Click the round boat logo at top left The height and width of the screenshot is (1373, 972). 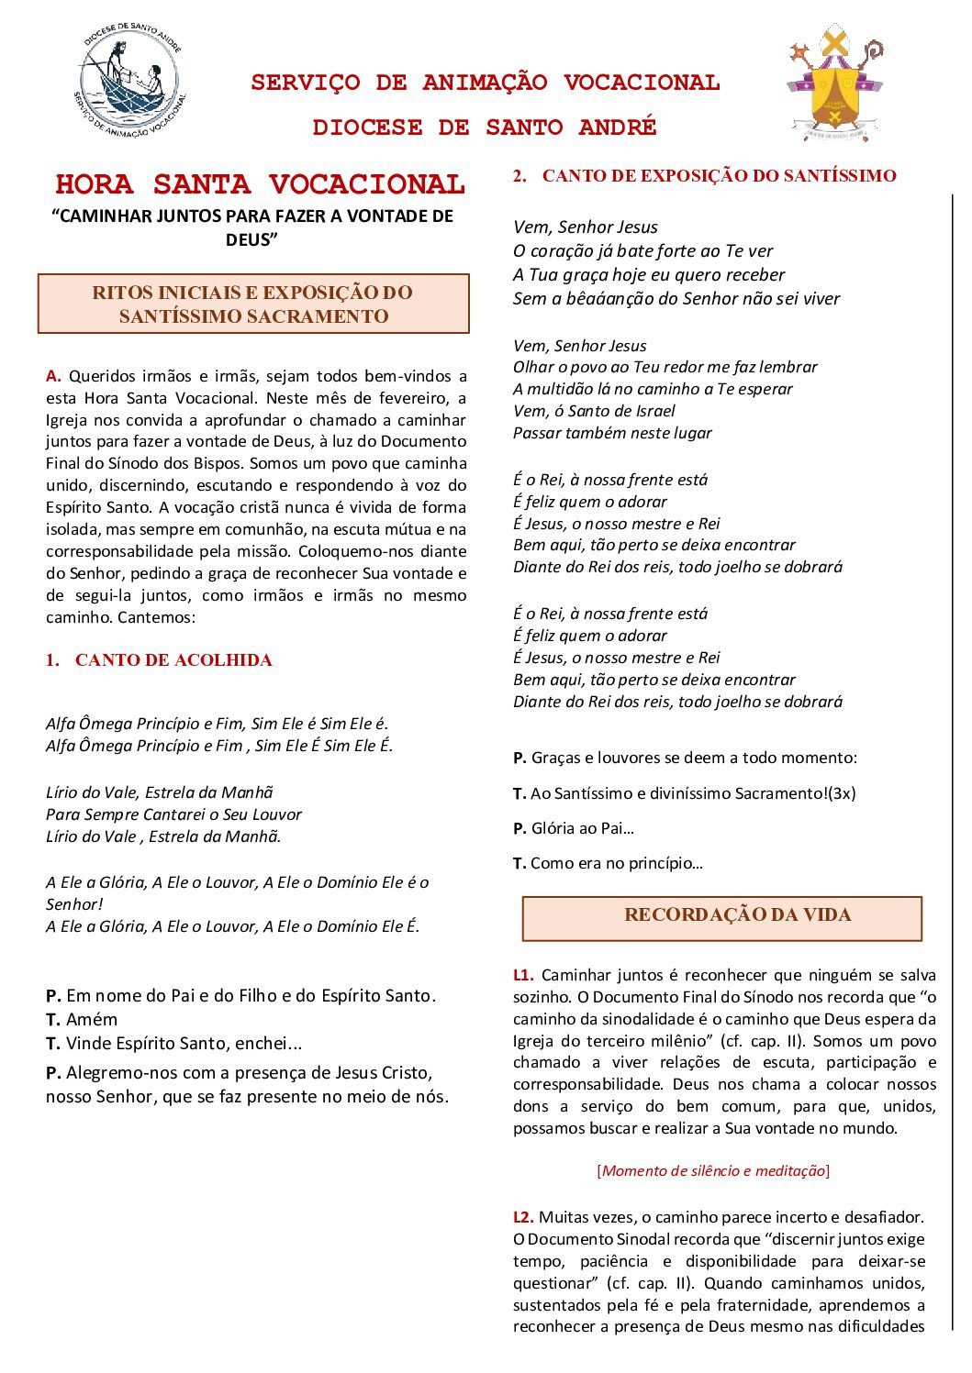(x=128, y=83)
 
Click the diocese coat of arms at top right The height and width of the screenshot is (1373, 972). (x=834, y=83)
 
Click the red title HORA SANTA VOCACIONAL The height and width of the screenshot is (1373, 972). (x=260, y=184)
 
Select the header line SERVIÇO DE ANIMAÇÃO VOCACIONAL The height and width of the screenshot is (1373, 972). (x=485, y=83)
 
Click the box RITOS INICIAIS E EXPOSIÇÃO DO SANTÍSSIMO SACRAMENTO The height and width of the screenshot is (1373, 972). (x=253, y=304)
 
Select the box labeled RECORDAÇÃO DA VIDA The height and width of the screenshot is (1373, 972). (x=722, y=916)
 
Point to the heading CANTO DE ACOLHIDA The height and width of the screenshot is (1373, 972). (x=173, y=660)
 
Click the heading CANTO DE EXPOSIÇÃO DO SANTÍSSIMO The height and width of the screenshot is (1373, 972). (x=719, y=176)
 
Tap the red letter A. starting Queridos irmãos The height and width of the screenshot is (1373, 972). (x=53, y=376)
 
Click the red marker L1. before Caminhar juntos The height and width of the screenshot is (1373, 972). (x=523, y=975)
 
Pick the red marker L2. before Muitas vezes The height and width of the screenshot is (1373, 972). (x=523, y=1217)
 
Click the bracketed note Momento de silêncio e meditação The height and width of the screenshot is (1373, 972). (x=713, y=1170)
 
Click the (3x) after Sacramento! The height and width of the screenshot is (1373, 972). (x=842, y=793)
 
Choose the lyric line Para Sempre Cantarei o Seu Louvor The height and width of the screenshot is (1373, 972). (x=173, y=814)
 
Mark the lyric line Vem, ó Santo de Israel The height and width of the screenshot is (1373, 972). (x=594, y=411)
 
